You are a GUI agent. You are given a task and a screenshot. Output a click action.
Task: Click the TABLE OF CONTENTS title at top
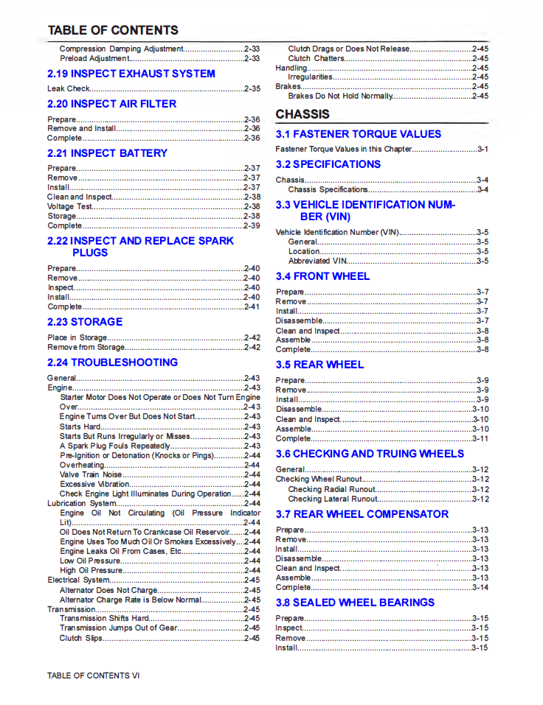pos(113,30)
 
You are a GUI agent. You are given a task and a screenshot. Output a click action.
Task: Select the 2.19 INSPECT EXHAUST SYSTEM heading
pos(131,74)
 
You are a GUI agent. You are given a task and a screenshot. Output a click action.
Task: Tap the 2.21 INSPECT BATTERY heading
pos(108,153)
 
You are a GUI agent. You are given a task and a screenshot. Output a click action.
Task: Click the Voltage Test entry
pos(70,207)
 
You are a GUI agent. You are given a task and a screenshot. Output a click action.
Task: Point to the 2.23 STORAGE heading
pos(85,322)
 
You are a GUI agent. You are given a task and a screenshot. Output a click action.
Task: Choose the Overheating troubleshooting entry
pos(82,466)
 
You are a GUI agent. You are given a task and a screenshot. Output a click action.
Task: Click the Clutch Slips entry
pos(81,638)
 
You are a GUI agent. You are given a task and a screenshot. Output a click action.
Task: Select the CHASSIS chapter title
pos(302,114)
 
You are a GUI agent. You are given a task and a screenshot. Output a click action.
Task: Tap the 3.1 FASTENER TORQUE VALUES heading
pos(359,134)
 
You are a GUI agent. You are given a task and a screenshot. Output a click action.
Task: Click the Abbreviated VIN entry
pos(317,261)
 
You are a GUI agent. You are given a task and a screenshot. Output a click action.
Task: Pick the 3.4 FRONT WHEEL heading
pos(323,276)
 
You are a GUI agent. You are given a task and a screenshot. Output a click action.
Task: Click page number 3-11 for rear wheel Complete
pos(480,438)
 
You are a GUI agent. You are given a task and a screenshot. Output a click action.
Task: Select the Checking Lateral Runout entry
pos(333,499)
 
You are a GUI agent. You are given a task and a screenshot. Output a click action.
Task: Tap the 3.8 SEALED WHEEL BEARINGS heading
pos(356,603)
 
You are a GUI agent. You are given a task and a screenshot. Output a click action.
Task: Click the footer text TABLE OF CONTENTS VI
pos(93,676)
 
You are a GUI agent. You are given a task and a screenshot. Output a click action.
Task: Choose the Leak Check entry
pos(69,88)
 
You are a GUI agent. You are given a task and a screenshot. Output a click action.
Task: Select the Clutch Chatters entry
pos(316,58)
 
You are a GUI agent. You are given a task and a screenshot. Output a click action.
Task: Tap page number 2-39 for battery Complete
pos(252,225)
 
